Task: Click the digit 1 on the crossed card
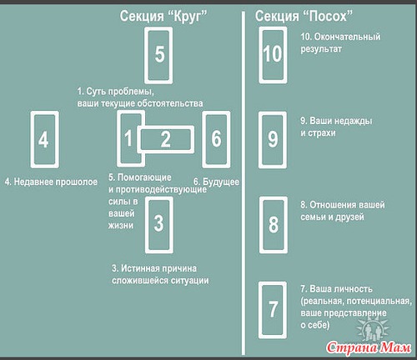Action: click(128, 138)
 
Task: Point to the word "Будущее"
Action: click(221, 182)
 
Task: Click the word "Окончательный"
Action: click(347, 37)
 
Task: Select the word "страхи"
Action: click(322, 133)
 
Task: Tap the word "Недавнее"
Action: click(33, 182)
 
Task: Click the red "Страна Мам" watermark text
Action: click(369, 347)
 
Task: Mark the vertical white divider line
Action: click(244, 183)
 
